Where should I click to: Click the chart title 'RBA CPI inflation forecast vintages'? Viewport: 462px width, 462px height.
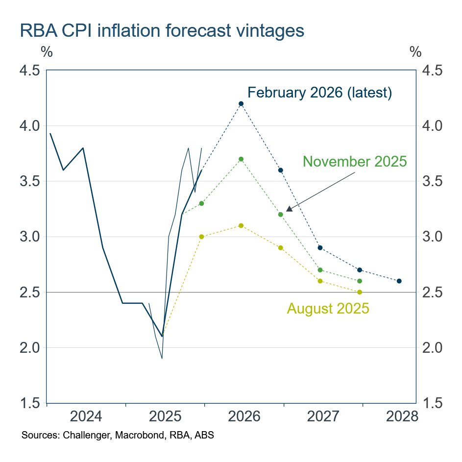(162, 30)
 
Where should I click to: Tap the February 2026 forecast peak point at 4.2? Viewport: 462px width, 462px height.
(241, 103)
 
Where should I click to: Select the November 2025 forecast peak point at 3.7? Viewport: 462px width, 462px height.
(241, 159)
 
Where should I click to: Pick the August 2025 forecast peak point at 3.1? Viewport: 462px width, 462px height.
(241, 225)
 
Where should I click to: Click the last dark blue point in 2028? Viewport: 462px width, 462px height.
(399, 281)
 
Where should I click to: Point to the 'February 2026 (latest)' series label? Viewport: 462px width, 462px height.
(319, 93)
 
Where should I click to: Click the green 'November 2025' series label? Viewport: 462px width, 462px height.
(355, 161)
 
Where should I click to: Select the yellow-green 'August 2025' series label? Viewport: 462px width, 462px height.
(327, 309)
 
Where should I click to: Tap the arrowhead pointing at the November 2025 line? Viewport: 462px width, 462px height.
(289, 209)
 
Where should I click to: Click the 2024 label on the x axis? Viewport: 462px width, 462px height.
(86, 417)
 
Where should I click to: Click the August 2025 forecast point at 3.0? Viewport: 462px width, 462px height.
(201, 237)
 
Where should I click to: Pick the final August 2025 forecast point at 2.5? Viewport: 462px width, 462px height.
(360, 292)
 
